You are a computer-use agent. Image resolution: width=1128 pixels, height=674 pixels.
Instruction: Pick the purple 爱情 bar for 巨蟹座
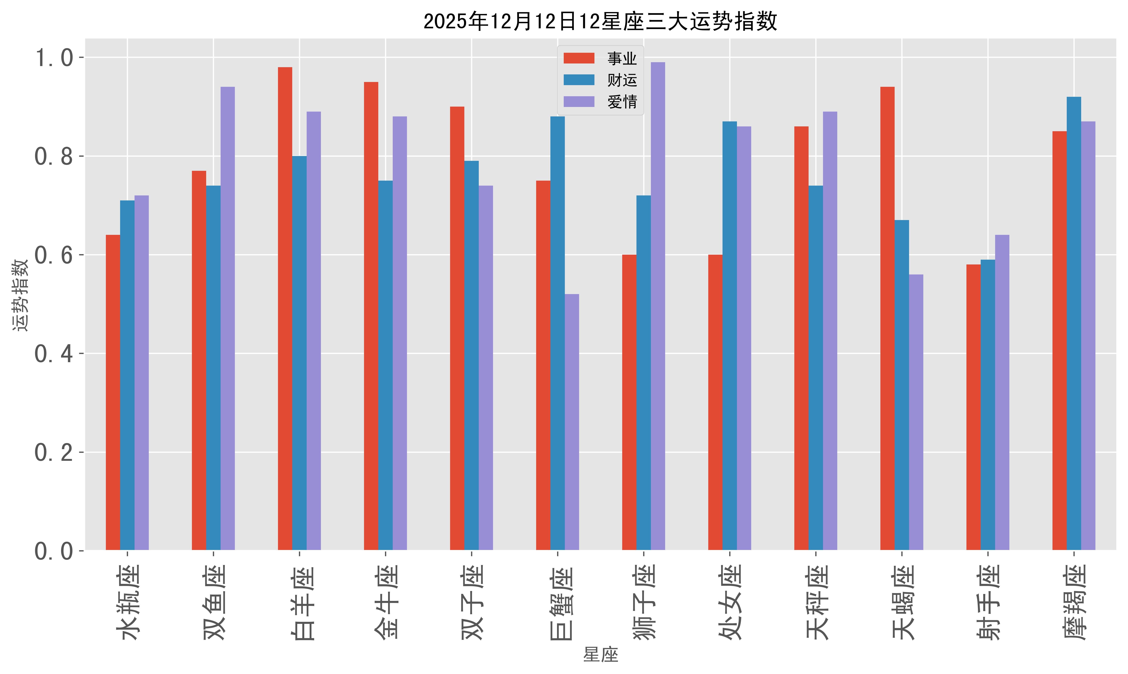(572, 422)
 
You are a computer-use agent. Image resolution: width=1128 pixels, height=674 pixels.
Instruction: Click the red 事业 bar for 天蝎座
(887, 318)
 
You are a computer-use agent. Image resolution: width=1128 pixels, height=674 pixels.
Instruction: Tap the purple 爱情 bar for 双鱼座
(227, 318)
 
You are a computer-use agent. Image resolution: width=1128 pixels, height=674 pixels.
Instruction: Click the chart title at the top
(600, 21)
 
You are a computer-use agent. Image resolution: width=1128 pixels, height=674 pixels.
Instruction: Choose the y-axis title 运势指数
(20, 295)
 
